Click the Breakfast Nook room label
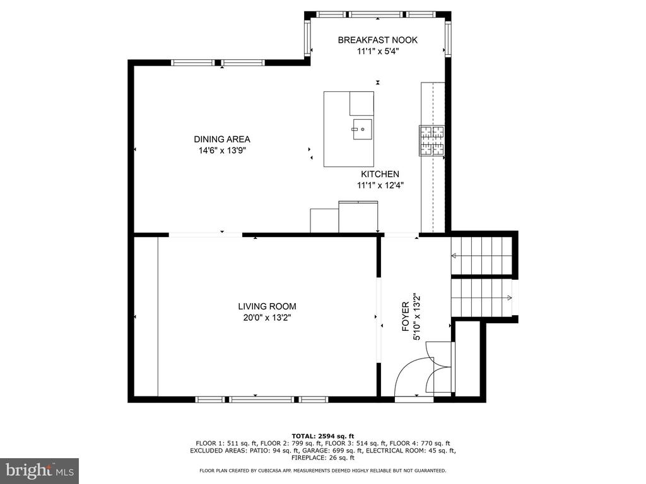pyautogui.click(x=378, y=40)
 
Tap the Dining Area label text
pyautogui.click(x=222, y=139)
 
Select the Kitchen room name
pyautogui.click(x=380, y=174)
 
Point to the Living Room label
pyautogui.click(x=267, y=306)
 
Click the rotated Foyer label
pyautogui.click(x=406, y=316)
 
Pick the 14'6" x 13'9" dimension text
pyautogui.click(x=222, y=151)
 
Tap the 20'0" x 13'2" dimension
pyautogui.click(x=267, y=318)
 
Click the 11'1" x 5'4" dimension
pyautogui.click(x=378, y=52)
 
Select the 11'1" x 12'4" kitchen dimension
pyautogui.click(x=380, y=186)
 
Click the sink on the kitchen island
pyautogui.click(x=362, y=129)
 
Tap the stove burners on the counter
pyautogui.click(x=432, y=141)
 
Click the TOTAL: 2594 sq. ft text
pyautogui.click(x=322, y=436)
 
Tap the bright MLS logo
pyautogui.click(x=40, y=471)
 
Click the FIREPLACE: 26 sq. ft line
pyautogui.click(x=322, y=458)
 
